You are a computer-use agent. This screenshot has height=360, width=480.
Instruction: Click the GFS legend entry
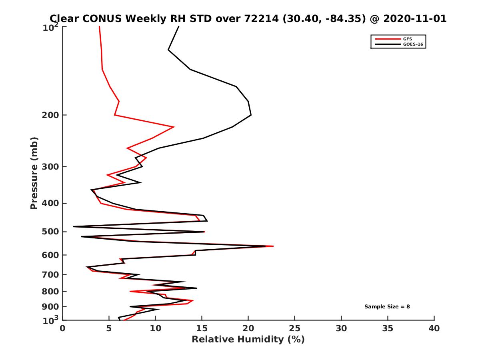[x=408, y=39]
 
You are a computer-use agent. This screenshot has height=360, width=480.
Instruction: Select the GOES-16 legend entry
[x=412, y=44]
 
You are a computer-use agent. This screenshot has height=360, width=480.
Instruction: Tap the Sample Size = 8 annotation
[x=387, y=307]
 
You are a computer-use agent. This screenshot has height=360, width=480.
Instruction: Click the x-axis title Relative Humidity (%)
[x=248, y=340]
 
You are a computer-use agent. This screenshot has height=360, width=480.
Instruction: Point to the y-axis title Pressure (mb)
[x=34, y=173]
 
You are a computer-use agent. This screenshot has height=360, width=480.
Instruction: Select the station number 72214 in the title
[x=263, y=18]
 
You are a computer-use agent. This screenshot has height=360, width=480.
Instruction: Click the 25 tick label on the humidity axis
[x=295, y=329]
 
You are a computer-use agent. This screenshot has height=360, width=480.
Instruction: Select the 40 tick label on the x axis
[x=434, y=329]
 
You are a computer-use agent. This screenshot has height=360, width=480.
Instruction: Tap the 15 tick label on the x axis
[x=202, y=329]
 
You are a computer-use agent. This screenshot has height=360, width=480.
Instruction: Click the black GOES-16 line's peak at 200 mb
[x=251, y=115]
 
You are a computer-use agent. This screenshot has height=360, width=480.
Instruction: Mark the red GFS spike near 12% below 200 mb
[x=174, y=127]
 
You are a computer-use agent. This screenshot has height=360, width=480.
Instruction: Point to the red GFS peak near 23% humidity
[x=273, y=246]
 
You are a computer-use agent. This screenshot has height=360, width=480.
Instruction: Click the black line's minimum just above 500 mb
[x=74, y=227]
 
